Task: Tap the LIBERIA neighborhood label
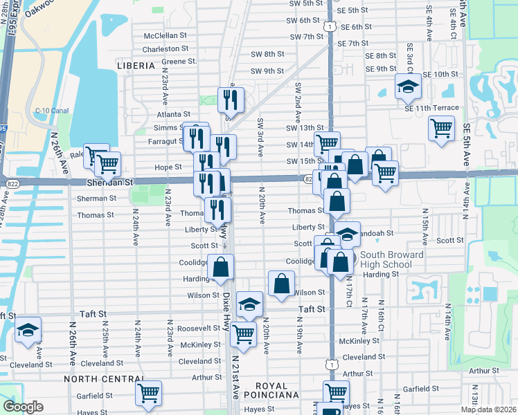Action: pos(136,65)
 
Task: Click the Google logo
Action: pos(23,407)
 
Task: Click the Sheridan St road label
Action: pos(109,182)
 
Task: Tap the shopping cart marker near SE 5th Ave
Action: pos(441,128)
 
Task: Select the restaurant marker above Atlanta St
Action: pos(230,100)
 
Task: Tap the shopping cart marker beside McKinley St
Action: pos(244,334)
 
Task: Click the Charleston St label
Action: pos(165,49)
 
